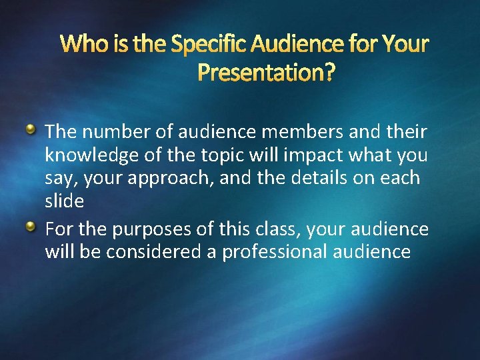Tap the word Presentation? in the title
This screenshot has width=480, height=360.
(x=266, y=72)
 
